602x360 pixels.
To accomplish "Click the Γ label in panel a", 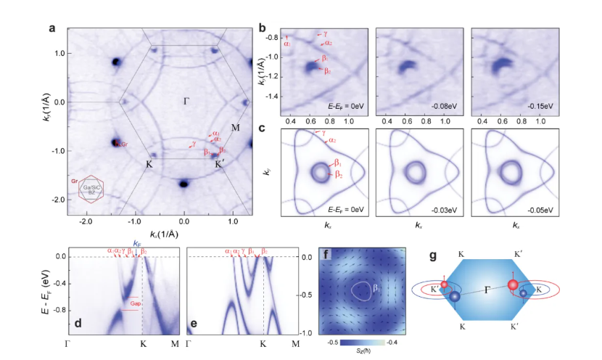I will [186, 102].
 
